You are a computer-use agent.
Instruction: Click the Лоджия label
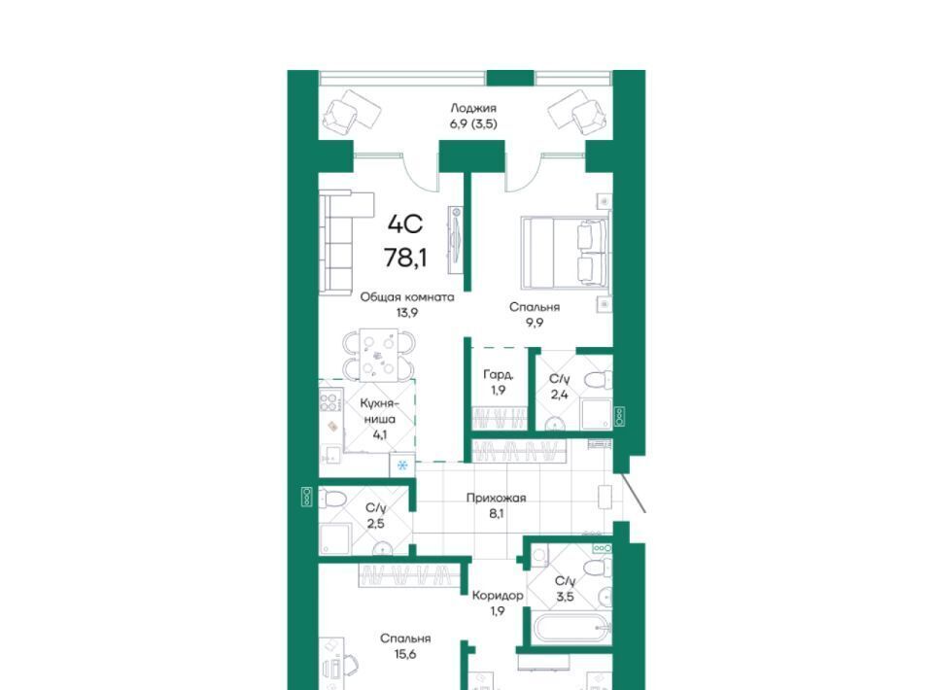click(473, 108)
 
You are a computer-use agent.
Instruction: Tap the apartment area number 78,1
click(406, 259)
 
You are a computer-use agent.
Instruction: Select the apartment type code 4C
click(405, 224)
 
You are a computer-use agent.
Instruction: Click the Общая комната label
click(407, 296)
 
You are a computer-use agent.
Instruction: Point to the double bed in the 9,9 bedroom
click(564, 253)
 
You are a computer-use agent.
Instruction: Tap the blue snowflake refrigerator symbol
click(402, 465)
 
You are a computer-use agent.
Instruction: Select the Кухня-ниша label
click(379, 411)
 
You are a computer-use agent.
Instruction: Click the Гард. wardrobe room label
click(498, 375)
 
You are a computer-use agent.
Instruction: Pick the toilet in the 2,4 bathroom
click(598, 379)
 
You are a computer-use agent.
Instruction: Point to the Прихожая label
click(497, 498)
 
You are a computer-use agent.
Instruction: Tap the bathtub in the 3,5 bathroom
click(570, 628)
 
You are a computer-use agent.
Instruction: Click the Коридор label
click(498, 596)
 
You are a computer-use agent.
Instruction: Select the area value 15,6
click(406, 655)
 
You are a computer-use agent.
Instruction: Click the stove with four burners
click(330, 399)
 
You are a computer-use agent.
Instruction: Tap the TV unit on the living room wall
click(457, 239)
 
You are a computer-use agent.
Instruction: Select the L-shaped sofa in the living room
click(342, 242)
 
